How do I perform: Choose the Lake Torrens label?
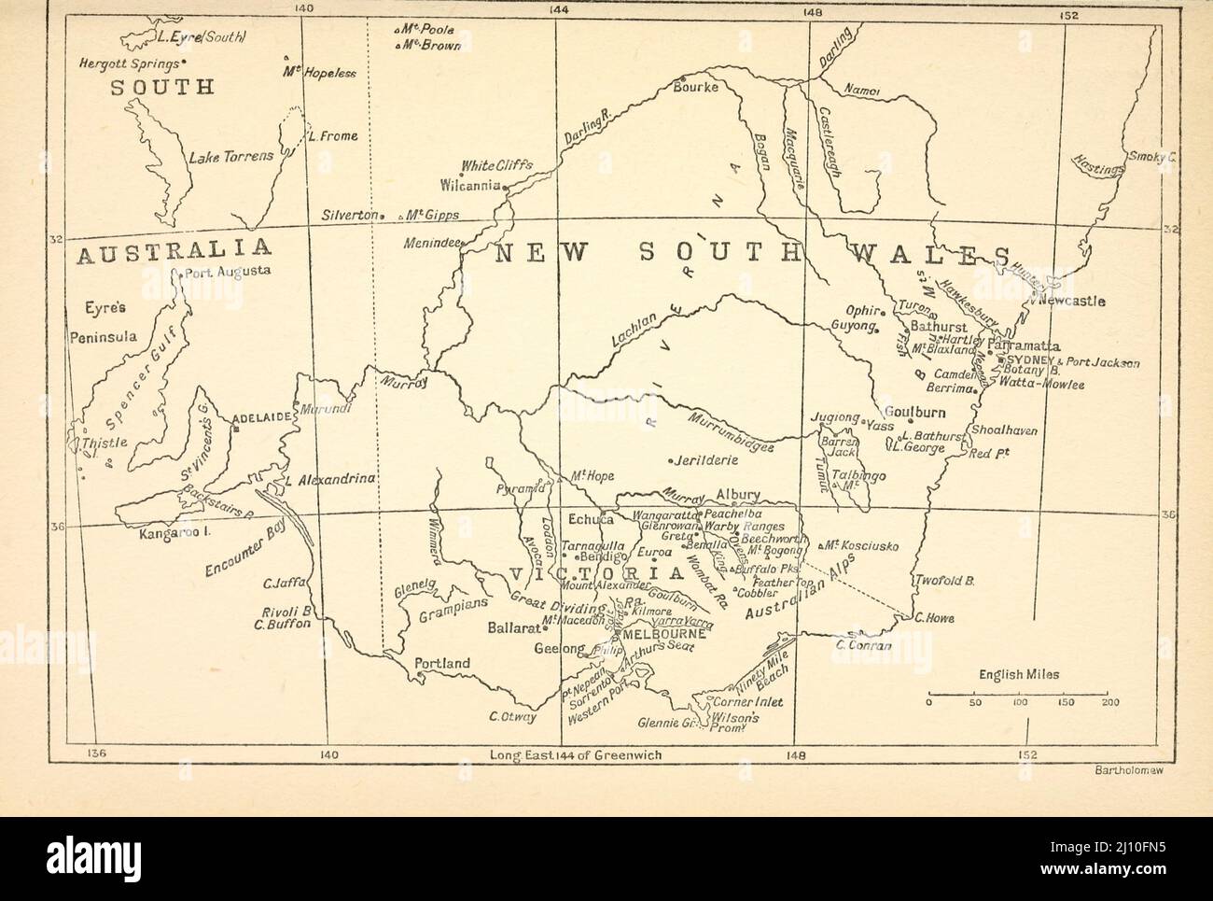tap(230, 157)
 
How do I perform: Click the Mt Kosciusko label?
tap(861, 545)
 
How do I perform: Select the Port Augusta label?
tap(228, 272)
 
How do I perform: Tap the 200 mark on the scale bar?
tap(1108, 702)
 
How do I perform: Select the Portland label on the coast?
tap(442, 664)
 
